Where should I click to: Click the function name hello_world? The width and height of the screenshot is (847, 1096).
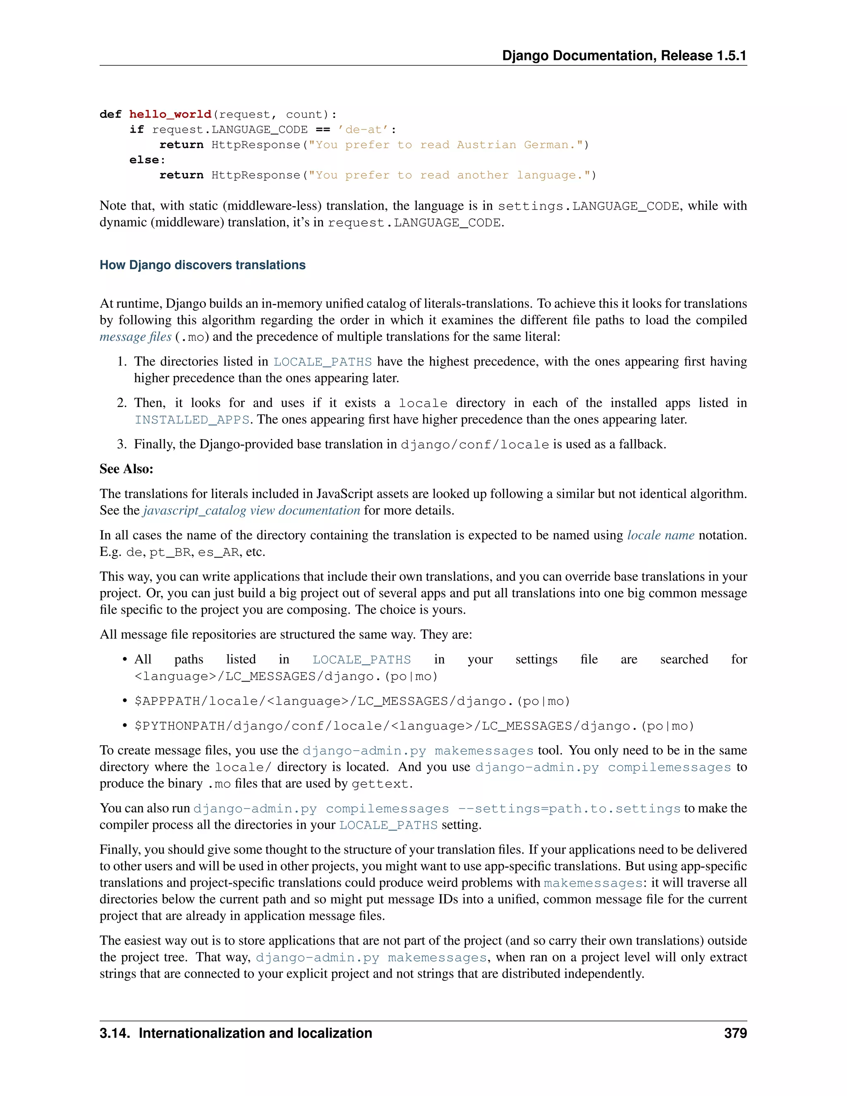170,115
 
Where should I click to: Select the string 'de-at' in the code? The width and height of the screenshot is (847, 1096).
363,129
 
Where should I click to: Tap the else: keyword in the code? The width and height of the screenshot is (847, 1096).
147,160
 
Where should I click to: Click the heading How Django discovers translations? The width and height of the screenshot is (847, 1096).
202,265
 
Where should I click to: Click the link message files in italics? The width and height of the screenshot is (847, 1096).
136,337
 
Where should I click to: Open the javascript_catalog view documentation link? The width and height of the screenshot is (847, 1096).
251,510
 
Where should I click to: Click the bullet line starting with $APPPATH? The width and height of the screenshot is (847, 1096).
352,701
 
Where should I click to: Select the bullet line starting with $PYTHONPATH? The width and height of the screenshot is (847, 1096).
414,726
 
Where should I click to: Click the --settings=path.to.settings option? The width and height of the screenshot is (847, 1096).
569,809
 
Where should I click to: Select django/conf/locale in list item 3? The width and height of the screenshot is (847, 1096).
475,445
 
